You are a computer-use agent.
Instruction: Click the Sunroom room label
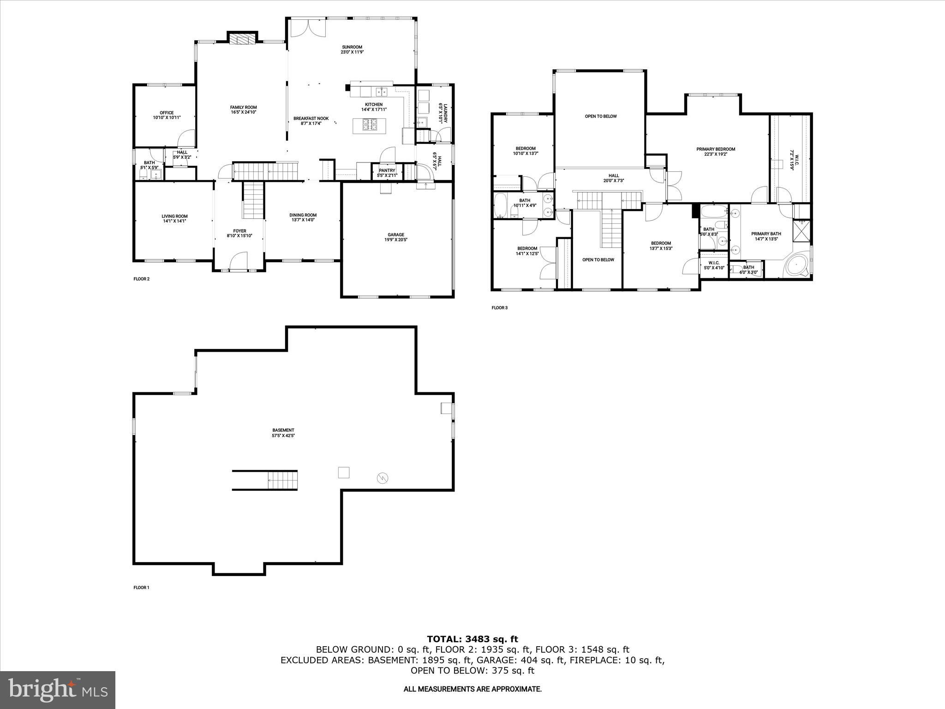point(352,47)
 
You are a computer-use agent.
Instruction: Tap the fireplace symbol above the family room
point(243,39)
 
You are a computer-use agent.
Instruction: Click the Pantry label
point(387,171)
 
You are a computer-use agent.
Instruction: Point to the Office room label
point(167,113)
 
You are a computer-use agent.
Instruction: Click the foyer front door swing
point(239,260)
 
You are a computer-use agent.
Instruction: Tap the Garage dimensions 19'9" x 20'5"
point(396,240)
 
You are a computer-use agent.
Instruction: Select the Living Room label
point(174,216)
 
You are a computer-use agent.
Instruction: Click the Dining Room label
point(303,215)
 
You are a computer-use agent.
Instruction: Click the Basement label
point(283,430)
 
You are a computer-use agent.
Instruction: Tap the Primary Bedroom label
point(716,149)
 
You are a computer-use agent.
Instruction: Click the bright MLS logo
point(58,690)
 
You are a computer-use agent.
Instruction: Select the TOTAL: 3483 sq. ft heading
point(472,639)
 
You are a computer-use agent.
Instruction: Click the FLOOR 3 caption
point(499,307)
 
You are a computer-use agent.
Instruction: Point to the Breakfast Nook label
point(311,119)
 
